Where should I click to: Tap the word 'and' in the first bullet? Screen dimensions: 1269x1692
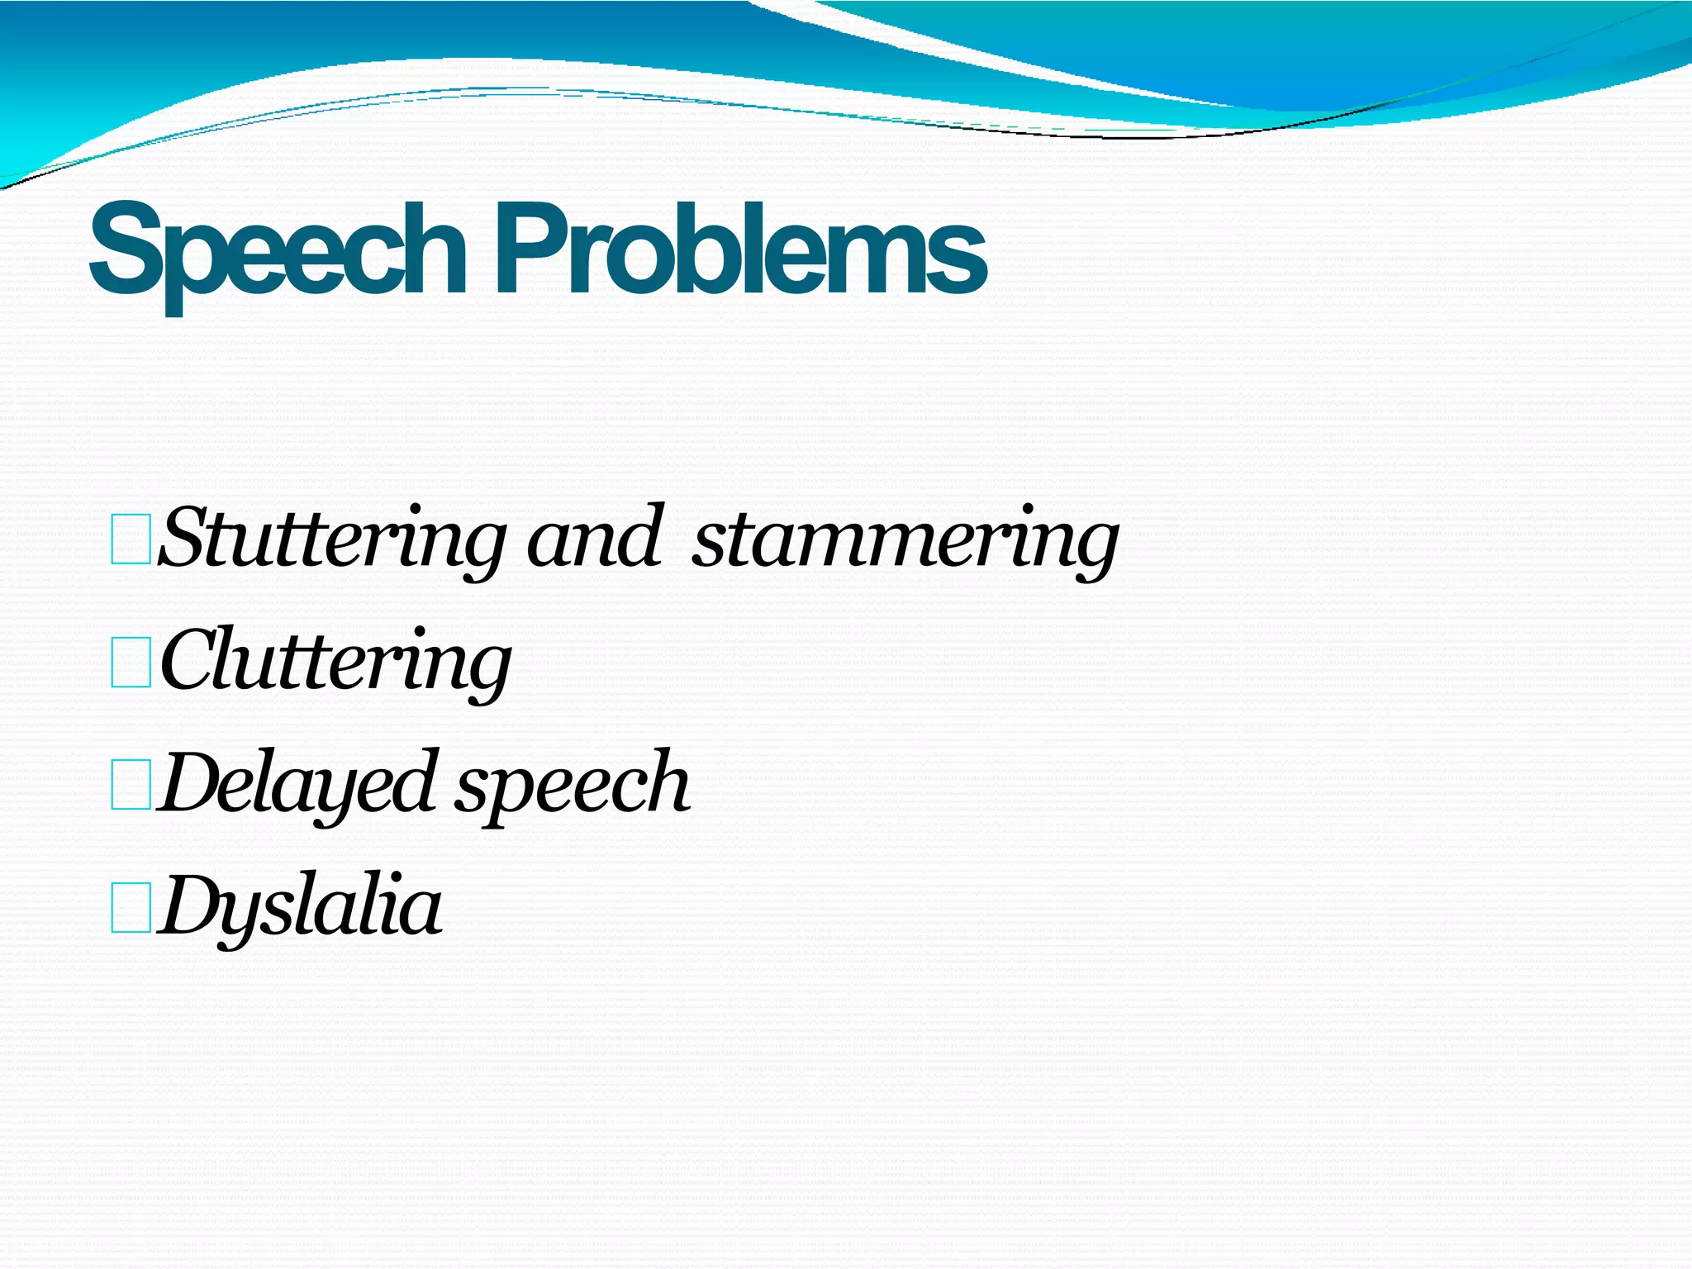point(595,539)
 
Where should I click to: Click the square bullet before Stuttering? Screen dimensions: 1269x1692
point(131,539)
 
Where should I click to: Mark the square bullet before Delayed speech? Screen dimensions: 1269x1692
point(131,784)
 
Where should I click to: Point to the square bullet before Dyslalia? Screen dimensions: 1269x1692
point(131,907)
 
